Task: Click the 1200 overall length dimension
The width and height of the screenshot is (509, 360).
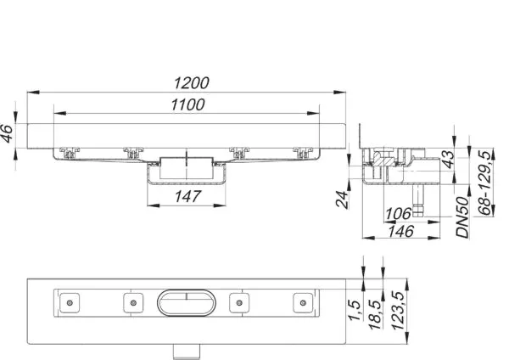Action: (192, 83)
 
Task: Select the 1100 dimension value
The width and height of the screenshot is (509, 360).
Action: (188, 104)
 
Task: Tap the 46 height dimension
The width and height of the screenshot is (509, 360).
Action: (7, 133)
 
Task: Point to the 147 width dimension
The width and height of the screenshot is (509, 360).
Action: (188, 197)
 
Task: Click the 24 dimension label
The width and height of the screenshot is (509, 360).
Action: (342, 199)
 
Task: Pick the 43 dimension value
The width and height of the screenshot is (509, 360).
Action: (448, 160)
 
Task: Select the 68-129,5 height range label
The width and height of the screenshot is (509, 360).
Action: (485, 183)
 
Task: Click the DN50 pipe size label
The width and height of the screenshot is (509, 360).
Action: (462, 217)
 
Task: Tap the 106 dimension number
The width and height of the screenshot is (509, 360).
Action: (399, 214)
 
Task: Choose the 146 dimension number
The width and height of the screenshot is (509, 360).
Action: (401, 231)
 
